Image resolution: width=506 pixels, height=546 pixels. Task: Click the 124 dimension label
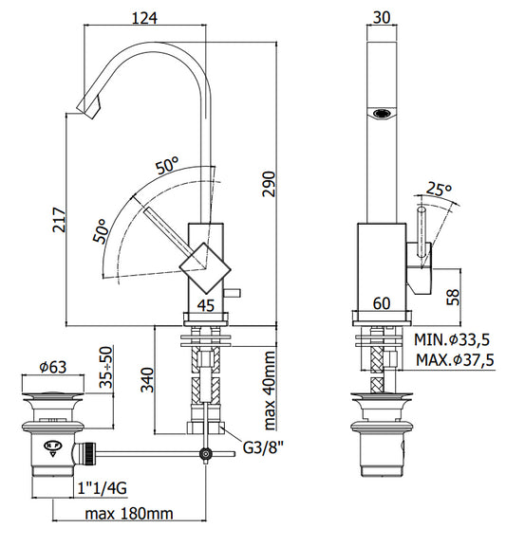point(144,17)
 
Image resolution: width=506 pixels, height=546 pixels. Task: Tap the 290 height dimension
point(269,184)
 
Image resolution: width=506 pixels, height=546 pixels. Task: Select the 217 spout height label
point(59,220)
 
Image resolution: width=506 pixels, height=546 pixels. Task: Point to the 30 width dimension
point(382,17)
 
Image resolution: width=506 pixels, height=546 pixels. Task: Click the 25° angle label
point(439,189)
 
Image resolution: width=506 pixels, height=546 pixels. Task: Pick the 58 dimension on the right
point(454,297)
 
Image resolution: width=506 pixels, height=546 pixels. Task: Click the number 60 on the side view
point(382,303)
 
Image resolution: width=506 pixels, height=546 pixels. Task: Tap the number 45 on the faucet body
point(206,305)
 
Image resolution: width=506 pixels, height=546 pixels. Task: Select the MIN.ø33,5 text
point(452,339)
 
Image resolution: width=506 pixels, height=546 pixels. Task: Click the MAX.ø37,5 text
point(455,360)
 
